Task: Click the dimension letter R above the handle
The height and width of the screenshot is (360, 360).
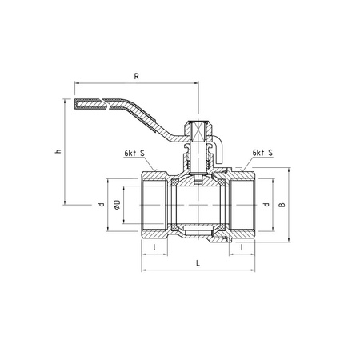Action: tap(136, 77)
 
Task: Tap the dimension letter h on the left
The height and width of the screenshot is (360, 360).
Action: tap(58, 151)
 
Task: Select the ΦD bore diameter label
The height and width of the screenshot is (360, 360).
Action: tap(117, 204)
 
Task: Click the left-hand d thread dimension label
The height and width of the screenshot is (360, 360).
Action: tap(101, 205)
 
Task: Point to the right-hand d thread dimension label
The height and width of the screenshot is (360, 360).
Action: tap(266, 205)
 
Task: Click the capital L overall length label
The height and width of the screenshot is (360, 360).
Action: tap(198, 263)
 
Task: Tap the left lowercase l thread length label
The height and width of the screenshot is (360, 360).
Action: tap(154, 247)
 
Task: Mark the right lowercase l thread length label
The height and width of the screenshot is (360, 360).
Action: tap(242, 247)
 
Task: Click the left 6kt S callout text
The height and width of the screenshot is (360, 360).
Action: tap(134, 154)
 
